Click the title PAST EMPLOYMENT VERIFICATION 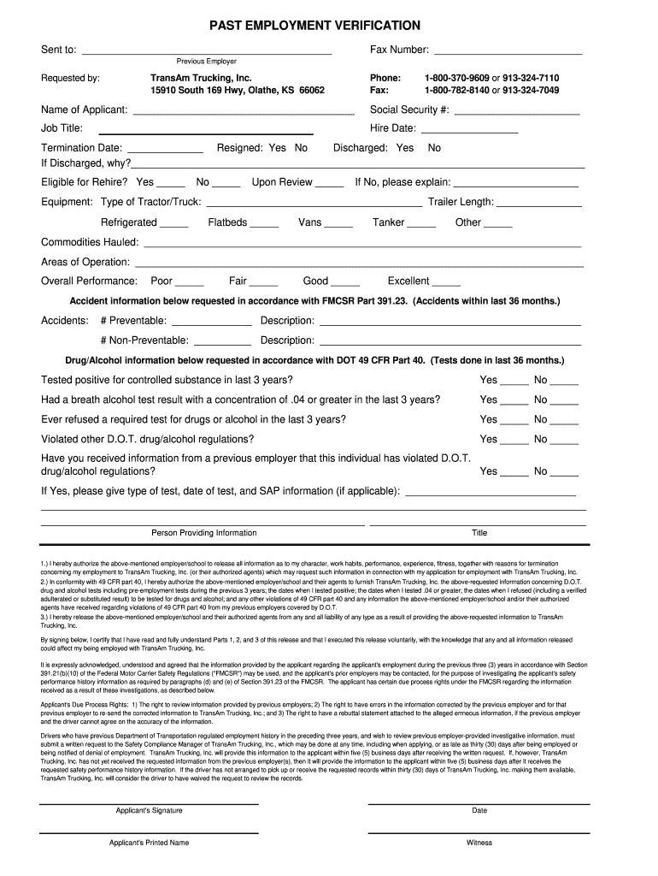(314, 26)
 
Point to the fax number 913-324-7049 (531, 90)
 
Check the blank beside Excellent (446, 284)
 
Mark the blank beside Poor (190, 284)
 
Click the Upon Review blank (330, 185)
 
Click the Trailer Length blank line (539, 205)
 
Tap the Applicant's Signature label (150, 810)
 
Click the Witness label (479, 843)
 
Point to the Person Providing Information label (203, 533)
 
